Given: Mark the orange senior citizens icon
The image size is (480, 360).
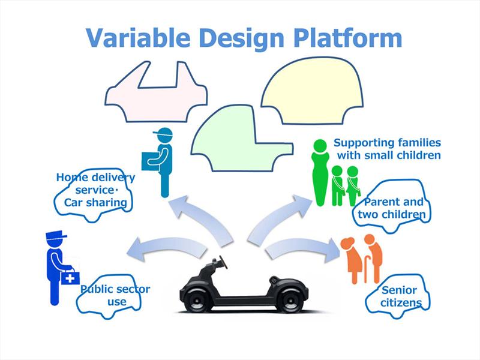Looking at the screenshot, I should [x=363, y=258].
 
